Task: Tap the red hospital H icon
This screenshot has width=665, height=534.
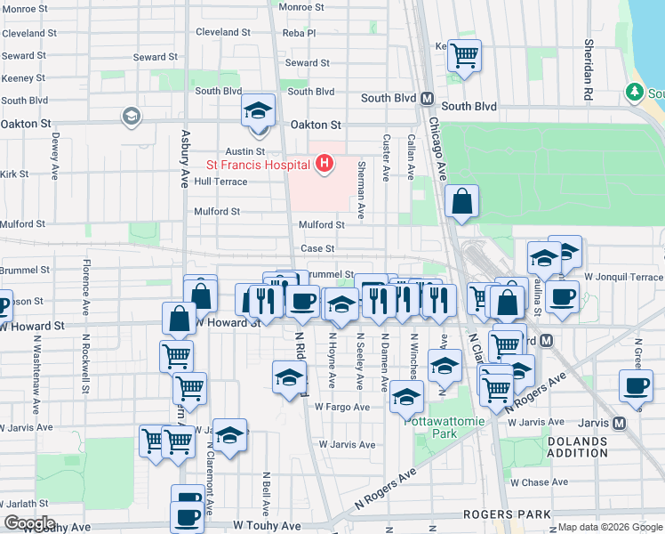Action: coord(325,164)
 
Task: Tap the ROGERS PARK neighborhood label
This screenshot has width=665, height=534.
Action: coord(507,514)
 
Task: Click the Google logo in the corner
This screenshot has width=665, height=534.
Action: coord(28,523)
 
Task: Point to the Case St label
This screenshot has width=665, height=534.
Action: coord(317,249)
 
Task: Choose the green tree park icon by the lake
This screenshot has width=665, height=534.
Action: coord(634,92)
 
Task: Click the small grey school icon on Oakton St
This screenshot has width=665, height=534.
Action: coord(132,117)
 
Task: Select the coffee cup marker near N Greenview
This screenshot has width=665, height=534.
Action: coord(636,386)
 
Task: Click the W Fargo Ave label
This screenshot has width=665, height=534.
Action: coord(341,407)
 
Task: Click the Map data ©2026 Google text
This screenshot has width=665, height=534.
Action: coord(610,527)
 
